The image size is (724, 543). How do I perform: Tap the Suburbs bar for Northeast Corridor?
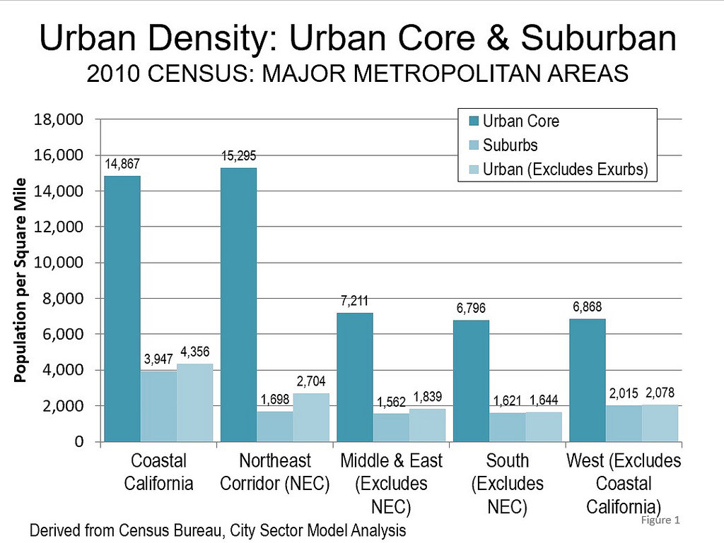[274, 426]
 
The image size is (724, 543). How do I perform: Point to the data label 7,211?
[354, 302]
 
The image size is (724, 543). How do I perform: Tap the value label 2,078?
[660, 393]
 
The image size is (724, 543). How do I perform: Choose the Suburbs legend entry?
[510, 145]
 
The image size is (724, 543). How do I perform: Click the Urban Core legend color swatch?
[474, 121]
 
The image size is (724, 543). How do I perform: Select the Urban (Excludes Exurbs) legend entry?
[565, 169]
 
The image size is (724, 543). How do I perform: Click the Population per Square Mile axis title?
[21, 280]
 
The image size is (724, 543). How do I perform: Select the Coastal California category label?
[158, 472]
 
